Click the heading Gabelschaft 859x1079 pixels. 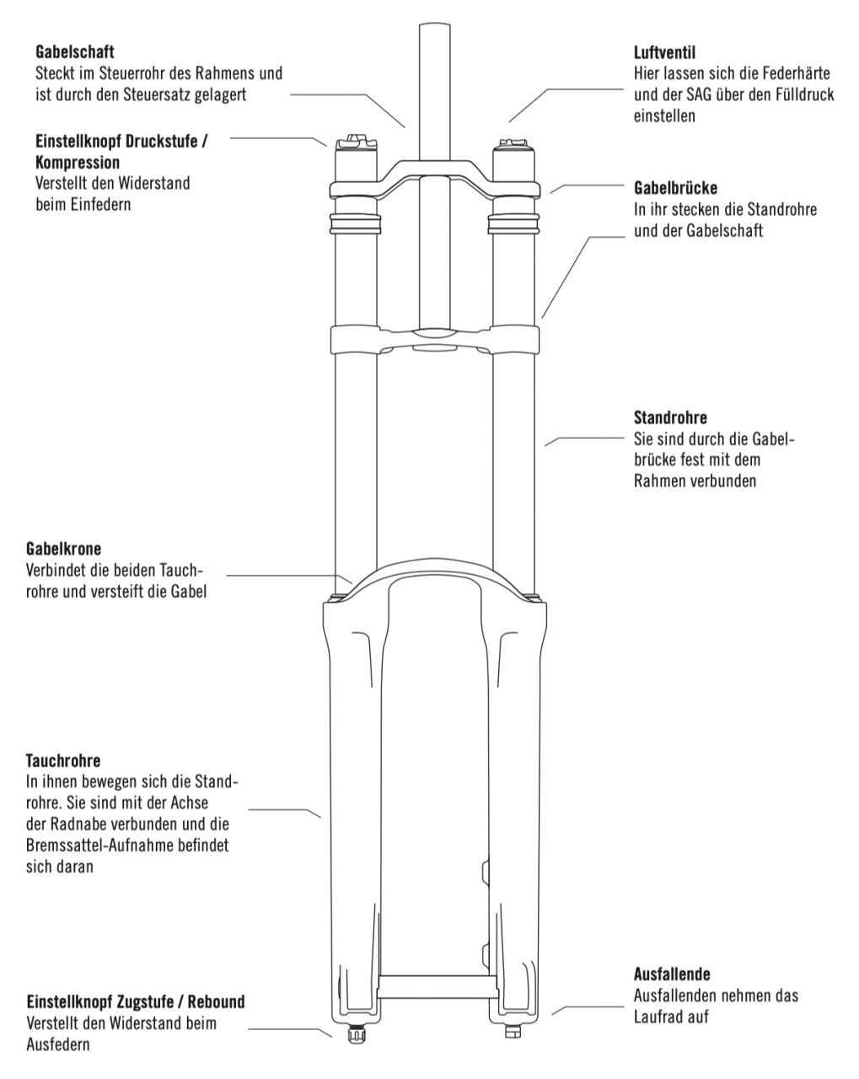(x=74, y=52)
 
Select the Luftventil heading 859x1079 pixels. (x=664, y=52)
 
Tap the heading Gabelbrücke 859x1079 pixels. (x=675, y=188)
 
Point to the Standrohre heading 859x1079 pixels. (x=670, y=417)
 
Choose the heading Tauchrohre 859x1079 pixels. (x=63, y=761)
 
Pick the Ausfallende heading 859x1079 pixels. (x=672, y=974)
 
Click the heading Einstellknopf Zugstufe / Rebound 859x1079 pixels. (x=136, y=1002)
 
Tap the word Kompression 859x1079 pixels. (x=78, y=162)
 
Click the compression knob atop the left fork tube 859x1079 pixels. (x=354, y=142)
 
